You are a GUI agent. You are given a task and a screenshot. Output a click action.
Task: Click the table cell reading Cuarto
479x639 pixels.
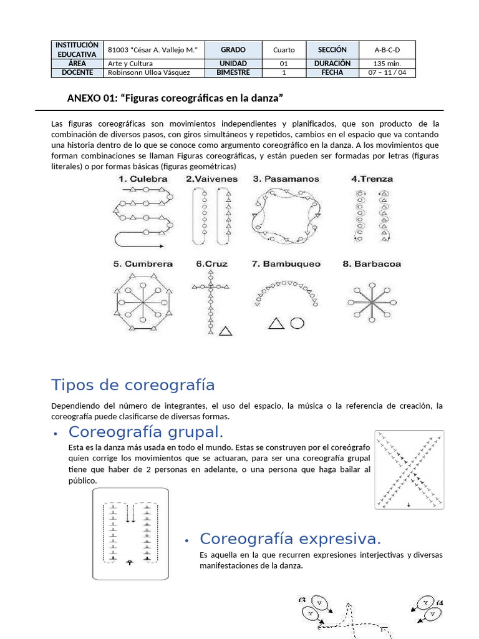[284, 50]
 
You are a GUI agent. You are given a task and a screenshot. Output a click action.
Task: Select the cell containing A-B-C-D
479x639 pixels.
[387, 50]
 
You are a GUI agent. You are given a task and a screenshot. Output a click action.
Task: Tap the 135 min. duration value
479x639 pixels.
[387, 63]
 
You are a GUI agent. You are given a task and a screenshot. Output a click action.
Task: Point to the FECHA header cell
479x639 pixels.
[332, 72]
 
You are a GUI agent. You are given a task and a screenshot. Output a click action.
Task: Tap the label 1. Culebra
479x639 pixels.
[143, 179]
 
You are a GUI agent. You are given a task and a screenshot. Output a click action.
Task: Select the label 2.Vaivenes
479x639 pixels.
[211, 179]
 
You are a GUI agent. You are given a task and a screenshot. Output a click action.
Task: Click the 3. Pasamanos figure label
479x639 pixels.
[286, 179]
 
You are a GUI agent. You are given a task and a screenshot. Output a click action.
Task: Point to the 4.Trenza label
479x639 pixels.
[372, 179]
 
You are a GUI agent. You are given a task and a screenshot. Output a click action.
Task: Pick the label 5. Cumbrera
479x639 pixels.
[143, 264]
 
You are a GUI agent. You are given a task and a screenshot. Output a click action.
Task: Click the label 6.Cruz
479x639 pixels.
[212, 264]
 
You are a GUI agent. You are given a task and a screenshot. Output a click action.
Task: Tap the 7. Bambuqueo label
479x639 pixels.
[286, 264]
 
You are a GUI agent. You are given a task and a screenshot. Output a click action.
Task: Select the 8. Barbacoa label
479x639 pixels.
[372, 264]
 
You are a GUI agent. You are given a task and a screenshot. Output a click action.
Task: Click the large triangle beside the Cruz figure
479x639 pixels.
[227, 330]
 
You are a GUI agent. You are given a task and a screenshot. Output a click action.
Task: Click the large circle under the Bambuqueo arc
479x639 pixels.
[298, 323]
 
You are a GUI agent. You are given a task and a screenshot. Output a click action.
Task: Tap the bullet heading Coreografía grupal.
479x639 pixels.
[146, 432]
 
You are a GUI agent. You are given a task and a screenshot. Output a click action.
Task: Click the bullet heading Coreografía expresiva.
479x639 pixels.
[290, 539]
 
